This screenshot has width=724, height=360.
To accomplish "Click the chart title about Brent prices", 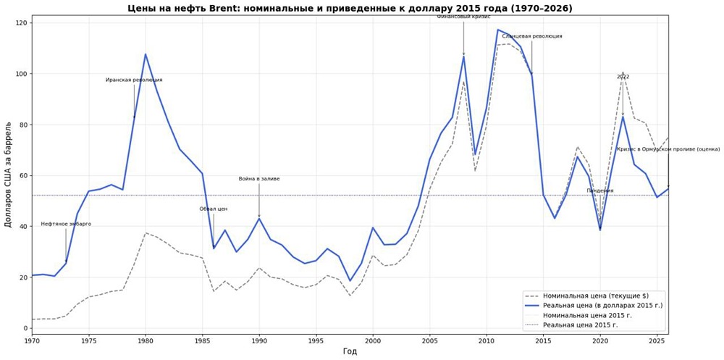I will [x=350, y=9].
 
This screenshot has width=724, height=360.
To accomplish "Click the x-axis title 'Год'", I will [x=350, y=351].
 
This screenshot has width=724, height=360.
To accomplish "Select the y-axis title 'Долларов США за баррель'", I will [x=9, y=175].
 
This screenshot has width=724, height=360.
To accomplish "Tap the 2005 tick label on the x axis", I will [x=429, y=340].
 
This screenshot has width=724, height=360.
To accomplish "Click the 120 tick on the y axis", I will [x=21, y=23].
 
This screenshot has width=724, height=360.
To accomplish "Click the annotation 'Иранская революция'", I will [x=134, y=80].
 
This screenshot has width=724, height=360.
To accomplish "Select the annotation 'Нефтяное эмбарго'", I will [x=66, y=225].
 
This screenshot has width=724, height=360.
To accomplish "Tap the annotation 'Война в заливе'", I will [x=259, y=179].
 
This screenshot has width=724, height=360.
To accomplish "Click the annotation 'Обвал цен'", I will [x=214, y=209].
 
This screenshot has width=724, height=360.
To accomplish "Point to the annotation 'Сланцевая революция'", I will [x=532, y=36].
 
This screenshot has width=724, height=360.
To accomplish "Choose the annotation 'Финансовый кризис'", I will [x=463, y=17].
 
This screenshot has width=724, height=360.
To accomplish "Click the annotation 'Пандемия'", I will [x=600, y=191].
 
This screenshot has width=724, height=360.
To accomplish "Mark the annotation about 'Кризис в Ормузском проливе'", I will [x=668, y=149].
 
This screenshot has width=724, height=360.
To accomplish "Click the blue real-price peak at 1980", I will [x=146, y=54].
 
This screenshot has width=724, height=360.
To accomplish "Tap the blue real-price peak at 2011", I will [x=498, y=30].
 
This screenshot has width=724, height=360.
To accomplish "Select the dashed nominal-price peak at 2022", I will [x=623, y=72].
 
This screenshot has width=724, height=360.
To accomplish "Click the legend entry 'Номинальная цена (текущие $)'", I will [x=594, y=296].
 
